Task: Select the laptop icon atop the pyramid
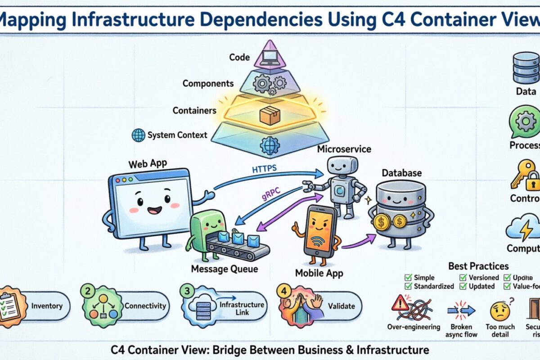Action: coord(270,57)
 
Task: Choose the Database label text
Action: coord(401,173)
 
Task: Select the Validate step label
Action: coord(341,306)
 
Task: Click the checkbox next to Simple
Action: coord(409,277)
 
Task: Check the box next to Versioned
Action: coord(463,277)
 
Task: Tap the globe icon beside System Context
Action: coord(138,135)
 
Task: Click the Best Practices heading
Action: coord(478,266)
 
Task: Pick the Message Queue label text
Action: coord(225,269)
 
